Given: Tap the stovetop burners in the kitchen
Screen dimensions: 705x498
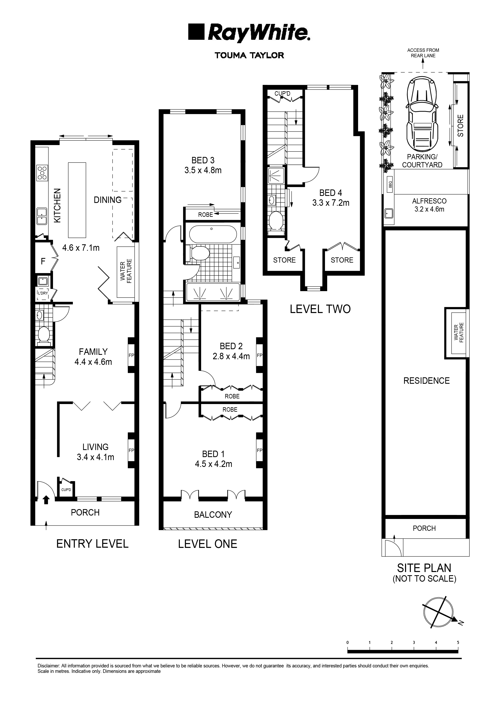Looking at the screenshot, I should click(x=42, y=173).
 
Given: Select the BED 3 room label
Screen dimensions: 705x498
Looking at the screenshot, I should click(x=203, y=160).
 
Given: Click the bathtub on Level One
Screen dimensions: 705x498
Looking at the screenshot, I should click(x=213, y=235).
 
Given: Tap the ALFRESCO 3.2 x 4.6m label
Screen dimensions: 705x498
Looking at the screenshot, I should click(x=429, y=205).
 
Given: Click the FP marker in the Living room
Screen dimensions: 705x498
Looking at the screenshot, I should click(x=131, y=450).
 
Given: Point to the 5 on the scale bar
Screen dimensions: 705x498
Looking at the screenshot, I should click(x=458, y=642).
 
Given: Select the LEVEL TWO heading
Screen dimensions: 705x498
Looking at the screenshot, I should click(x=320, y=309).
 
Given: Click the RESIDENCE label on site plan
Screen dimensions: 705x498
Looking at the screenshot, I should click(x=426, y=381).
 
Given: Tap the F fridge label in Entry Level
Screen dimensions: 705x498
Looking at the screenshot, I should click(x=43, y=261).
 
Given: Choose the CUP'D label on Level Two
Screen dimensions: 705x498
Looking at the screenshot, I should click(x=282, y=93).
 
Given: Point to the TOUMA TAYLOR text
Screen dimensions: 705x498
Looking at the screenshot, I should click(x=249, y=56).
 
